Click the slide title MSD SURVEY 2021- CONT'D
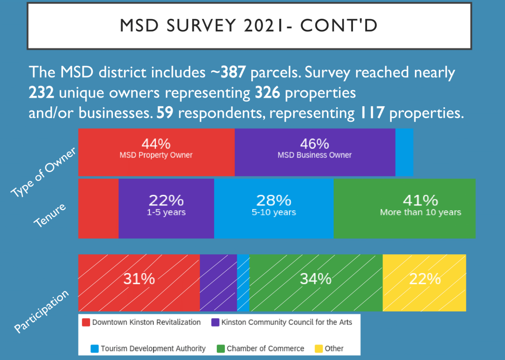249,25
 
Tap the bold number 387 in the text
233,72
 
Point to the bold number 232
41,93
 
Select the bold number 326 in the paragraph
268,93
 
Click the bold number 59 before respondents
165,113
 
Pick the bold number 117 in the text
372,113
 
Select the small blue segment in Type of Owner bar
404,152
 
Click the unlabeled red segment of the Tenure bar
98,208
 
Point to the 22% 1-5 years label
166,205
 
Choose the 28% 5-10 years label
274,205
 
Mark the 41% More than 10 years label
420,205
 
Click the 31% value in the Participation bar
139,279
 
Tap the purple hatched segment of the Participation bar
218,282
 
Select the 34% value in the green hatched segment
316,279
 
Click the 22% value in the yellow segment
425,279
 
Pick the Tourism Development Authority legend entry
148,348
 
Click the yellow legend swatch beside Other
319,348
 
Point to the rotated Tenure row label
50,215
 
